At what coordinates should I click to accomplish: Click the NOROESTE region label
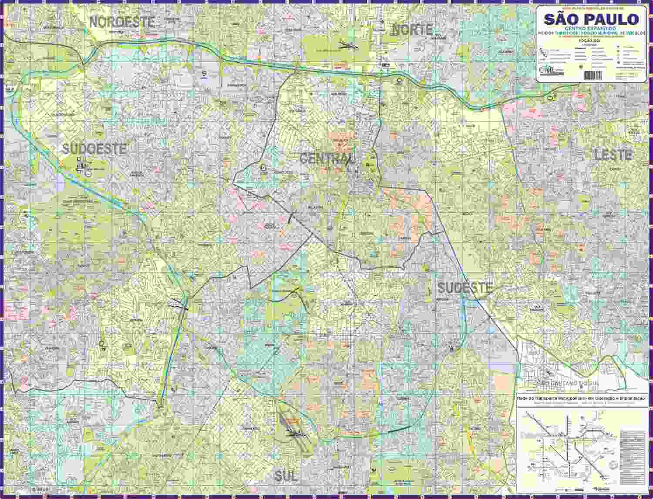(x=122, y=22)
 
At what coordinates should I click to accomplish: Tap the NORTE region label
(x=412, y=30)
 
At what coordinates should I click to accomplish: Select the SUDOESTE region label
(x=94, y=149)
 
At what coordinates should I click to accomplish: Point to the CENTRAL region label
(x=327, y=159)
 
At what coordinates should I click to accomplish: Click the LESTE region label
(x=613, y=155)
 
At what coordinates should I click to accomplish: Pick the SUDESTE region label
(x=465, y=288)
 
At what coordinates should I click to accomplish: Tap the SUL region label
(x=286, y=476)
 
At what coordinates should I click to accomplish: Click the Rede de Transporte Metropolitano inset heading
(x=581, y=398)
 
